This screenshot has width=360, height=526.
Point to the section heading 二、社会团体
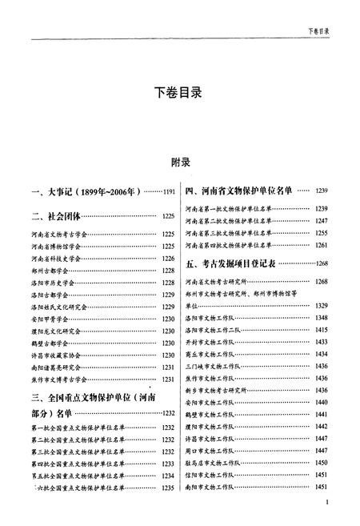tap(55, 216)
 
